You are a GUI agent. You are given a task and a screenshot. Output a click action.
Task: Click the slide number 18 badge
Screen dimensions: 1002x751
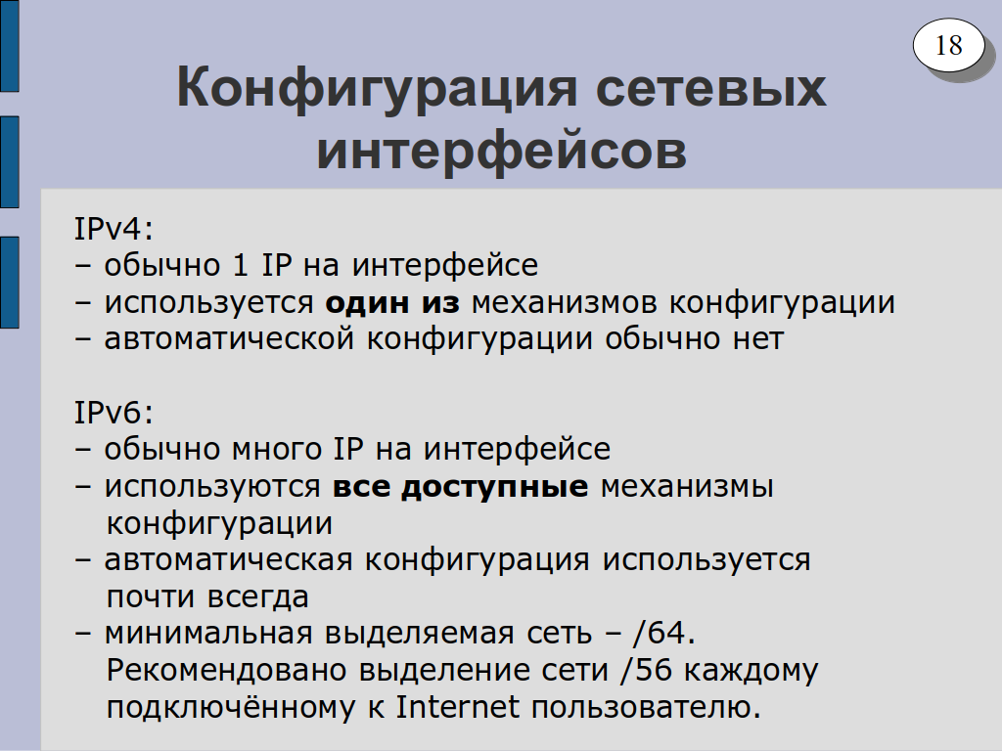point(948,45)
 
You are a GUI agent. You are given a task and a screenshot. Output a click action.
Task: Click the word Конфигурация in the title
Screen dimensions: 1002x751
point(377,89)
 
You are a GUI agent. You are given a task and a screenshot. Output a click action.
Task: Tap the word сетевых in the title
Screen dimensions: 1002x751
point(710,88)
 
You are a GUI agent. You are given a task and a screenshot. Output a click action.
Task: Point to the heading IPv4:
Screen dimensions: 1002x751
point(114,228)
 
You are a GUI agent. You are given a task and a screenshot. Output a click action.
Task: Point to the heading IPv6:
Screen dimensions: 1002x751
point(114,412)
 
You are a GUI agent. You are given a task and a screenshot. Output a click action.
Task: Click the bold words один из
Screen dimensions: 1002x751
point(392,301)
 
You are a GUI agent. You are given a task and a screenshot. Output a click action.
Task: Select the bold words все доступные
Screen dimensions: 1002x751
point(460,487)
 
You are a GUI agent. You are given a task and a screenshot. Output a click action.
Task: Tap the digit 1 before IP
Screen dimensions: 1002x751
point(241,264)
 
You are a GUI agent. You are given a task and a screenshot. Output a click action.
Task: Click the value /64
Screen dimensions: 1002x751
point(663,633)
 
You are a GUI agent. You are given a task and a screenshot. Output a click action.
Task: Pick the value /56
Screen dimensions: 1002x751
point(646,669)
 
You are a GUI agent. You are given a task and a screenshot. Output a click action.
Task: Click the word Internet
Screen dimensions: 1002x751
point(458,706)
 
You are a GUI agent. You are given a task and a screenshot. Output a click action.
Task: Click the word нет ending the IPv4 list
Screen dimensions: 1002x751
point(758,339)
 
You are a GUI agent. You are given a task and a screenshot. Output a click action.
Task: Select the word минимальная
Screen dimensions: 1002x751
point(208,634)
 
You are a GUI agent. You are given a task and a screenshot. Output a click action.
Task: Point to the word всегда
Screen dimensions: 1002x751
point(258,597)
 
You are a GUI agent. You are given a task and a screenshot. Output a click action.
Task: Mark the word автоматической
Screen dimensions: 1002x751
point(229,338)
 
